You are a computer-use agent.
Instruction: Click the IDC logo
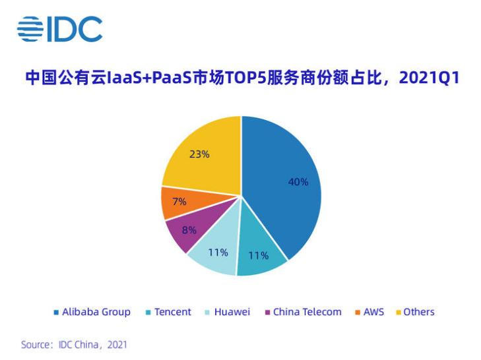60,28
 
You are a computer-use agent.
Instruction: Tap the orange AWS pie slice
177,202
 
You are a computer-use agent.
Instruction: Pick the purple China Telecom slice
187,231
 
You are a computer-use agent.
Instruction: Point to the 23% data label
199,154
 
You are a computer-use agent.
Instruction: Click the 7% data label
179,202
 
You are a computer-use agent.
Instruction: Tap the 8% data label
189,231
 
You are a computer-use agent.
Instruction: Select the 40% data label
298,182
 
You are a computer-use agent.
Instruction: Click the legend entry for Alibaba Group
92,312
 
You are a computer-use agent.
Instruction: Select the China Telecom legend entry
303,312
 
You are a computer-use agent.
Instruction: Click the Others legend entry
415,312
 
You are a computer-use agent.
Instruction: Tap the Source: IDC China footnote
74,345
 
